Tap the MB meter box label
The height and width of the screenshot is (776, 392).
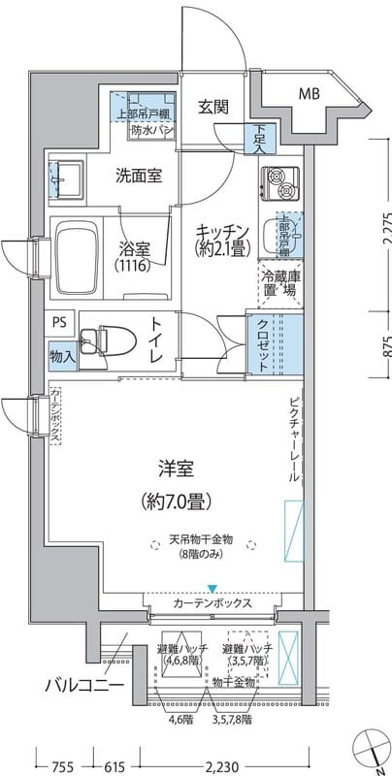[310, 94]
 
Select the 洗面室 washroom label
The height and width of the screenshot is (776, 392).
[139, 177]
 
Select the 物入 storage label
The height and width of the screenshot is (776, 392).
[61, 357]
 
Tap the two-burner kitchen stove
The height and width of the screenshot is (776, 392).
[279, 179]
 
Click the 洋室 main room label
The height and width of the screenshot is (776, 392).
[176, 470]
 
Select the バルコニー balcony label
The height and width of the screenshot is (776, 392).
[83, 686]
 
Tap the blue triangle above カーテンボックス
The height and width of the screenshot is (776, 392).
[212, 588]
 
